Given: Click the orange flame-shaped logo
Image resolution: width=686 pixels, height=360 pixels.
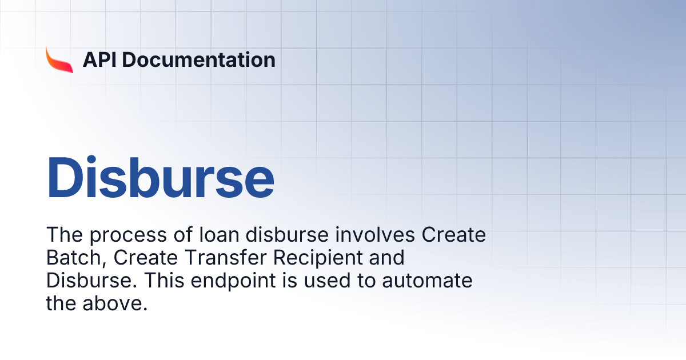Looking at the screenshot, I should click(59, 59).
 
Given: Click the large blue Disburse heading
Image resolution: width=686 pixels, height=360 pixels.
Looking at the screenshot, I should click(161, 177).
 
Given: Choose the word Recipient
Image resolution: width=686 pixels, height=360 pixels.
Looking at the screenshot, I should click(318, 258).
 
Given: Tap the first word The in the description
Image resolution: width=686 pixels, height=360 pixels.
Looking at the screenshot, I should click(62, 235).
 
